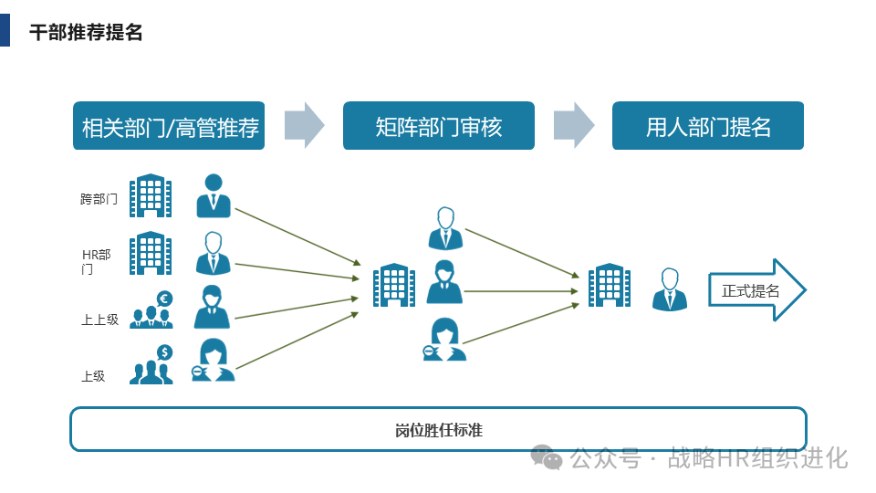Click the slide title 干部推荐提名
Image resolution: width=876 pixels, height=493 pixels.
point(86,32)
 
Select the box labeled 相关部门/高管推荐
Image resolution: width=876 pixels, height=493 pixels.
point(169,126)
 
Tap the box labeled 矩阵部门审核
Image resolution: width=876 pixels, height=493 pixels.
point(439,126)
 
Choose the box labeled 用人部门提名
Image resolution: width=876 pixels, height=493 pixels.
point(708,126)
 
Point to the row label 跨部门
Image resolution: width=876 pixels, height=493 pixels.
point(99,198)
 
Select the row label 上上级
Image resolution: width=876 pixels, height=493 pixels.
point(99,320)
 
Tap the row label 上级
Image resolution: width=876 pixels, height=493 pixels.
point(93,375)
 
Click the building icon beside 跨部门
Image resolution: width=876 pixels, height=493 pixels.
point(151,195)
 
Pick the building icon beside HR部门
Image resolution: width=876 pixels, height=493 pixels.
point(151,253)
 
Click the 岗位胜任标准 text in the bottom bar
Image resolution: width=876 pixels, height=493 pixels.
point(439,430)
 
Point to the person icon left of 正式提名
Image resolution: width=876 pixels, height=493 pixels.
point(670,289)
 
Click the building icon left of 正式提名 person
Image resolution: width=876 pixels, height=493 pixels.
point(610,286)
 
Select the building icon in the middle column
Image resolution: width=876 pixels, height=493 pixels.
point(394,286)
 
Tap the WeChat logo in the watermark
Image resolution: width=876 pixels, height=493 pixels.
point(547,456)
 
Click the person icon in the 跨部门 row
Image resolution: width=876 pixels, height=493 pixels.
point(214,195)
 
